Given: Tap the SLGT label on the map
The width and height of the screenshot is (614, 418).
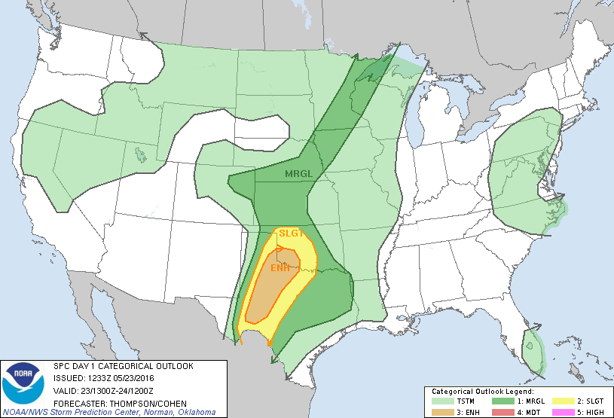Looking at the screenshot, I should tap(291, 233).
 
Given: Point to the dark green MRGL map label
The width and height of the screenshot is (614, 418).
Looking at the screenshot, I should tap(298, 174).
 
